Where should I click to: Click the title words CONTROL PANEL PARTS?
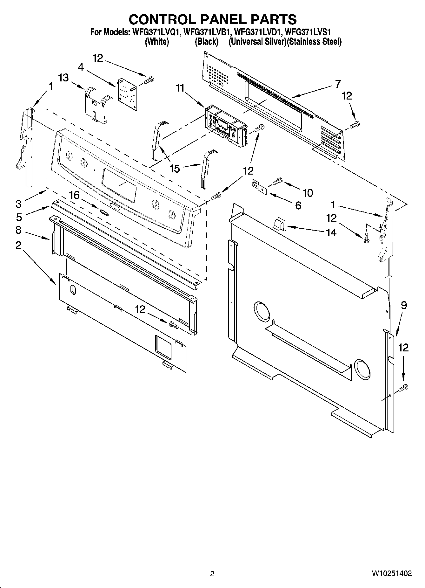click(x=212, y=19)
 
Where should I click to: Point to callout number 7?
click(x=338, y=84)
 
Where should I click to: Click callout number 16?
click(x=74, y=195)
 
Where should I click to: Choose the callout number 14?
click(x=331, y=233)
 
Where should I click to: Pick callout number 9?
click(x=404, y=305)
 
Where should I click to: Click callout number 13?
click(x=63, y=78)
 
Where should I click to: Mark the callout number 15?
click(x=175, y=169)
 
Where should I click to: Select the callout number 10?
click(x=308, y=193)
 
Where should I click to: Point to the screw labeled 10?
click(x=277, y=181)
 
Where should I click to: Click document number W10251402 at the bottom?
click(x=392, y=573)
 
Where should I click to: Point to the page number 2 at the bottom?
click(x=212, y=574)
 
